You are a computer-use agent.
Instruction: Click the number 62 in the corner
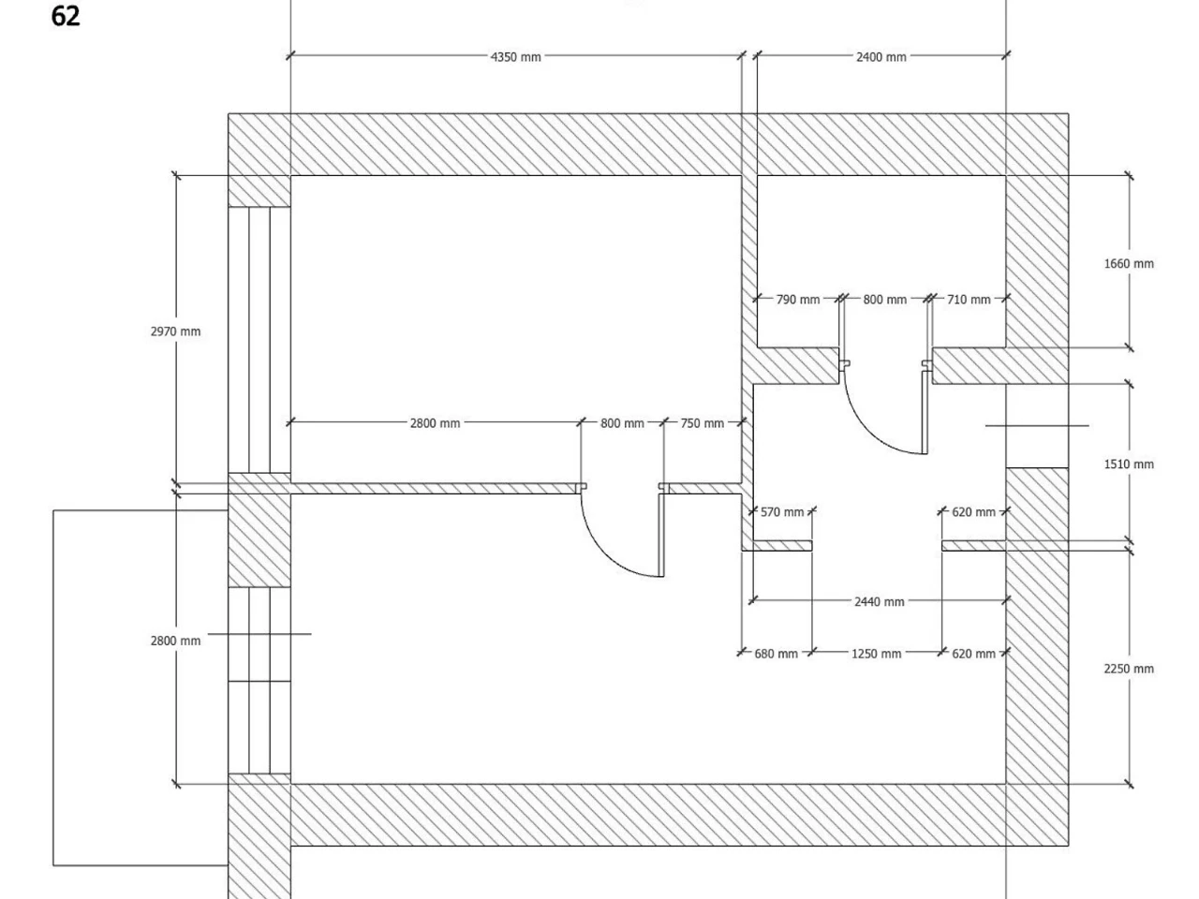[66, 16]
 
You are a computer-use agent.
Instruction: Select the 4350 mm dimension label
[515, 57]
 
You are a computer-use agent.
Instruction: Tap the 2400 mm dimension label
[881, 57]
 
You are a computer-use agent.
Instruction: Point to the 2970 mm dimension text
[175, 332]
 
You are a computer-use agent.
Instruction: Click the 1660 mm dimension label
[1129, 264]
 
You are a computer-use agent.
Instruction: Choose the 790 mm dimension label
[797, 300]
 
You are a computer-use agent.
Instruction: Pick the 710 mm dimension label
[968, 300]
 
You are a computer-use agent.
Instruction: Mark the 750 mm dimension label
[702, 423]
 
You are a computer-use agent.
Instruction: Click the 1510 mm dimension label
[1129, 464]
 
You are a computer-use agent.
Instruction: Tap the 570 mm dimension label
[781, 512]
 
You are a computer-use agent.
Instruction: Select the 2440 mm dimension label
[879, 601]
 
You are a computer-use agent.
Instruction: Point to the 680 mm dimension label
[776, 654]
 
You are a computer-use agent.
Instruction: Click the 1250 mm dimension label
[876, 654]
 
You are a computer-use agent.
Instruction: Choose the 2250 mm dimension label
[1129, 669]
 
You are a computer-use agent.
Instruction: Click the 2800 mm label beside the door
[435, 423]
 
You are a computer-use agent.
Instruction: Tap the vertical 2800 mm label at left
[175, 641]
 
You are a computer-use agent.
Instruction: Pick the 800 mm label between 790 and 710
[884, 300]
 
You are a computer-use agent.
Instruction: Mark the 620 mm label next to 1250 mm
[973, 654]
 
